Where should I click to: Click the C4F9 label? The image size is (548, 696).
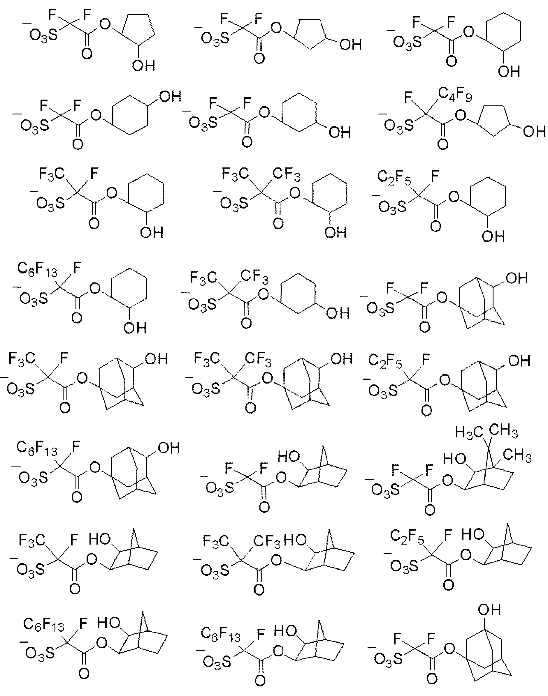(455, 95)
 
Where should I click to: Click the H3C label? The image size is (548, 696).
(469, 433)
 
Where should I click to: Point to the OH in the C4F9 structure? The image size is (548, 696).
(534, 131)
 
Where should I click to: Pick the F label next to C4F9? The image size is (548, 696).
(408, 98)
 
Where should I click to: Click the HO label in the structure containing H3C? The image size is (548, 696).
(455, 459)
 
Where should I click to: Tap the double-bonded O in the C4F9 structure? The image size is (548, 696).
(443, 144)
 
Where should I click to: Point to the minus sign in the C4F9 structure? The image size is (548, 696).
(383, 114)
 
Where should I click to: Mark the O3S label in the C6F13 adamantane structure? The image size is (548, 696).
(33, 477)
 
